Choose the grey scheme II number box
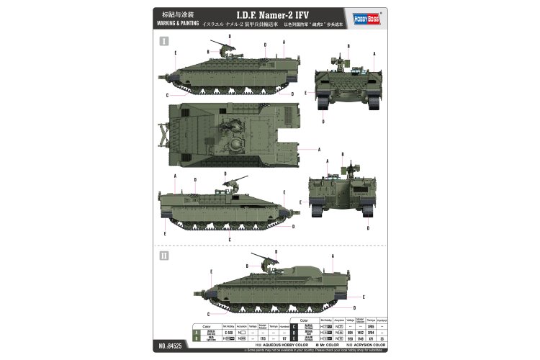click(163, 255)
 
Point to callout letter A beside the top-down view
click(318, 149)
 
